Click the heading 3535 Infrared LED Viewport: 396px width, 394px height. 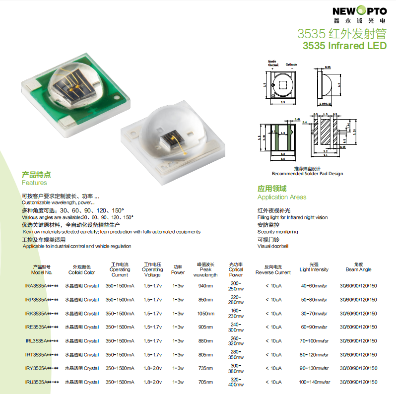344,46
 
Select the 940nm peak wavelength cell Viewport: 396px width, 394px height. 205,286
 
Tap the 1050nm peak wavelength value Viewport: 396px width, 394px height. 205,314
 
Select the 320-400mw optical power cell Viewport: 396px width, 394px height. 236,382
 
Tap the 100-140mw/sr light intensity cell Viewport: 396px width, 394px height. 315,382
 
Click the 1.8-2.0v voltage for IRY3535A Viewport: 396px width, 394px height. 152,368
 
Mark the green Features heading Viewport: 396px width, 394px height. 34,183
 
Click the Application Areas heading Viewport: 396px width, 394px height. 282,197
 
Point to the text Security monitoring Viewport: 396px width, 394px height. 277,232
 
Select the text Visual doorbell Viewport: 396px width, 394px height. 272,246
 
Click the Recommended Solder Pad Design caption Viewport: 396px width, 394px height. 307,174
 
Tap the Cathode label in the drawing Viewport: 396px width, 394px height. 291,65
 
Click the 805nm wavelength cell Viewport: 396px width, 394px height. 205,355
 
